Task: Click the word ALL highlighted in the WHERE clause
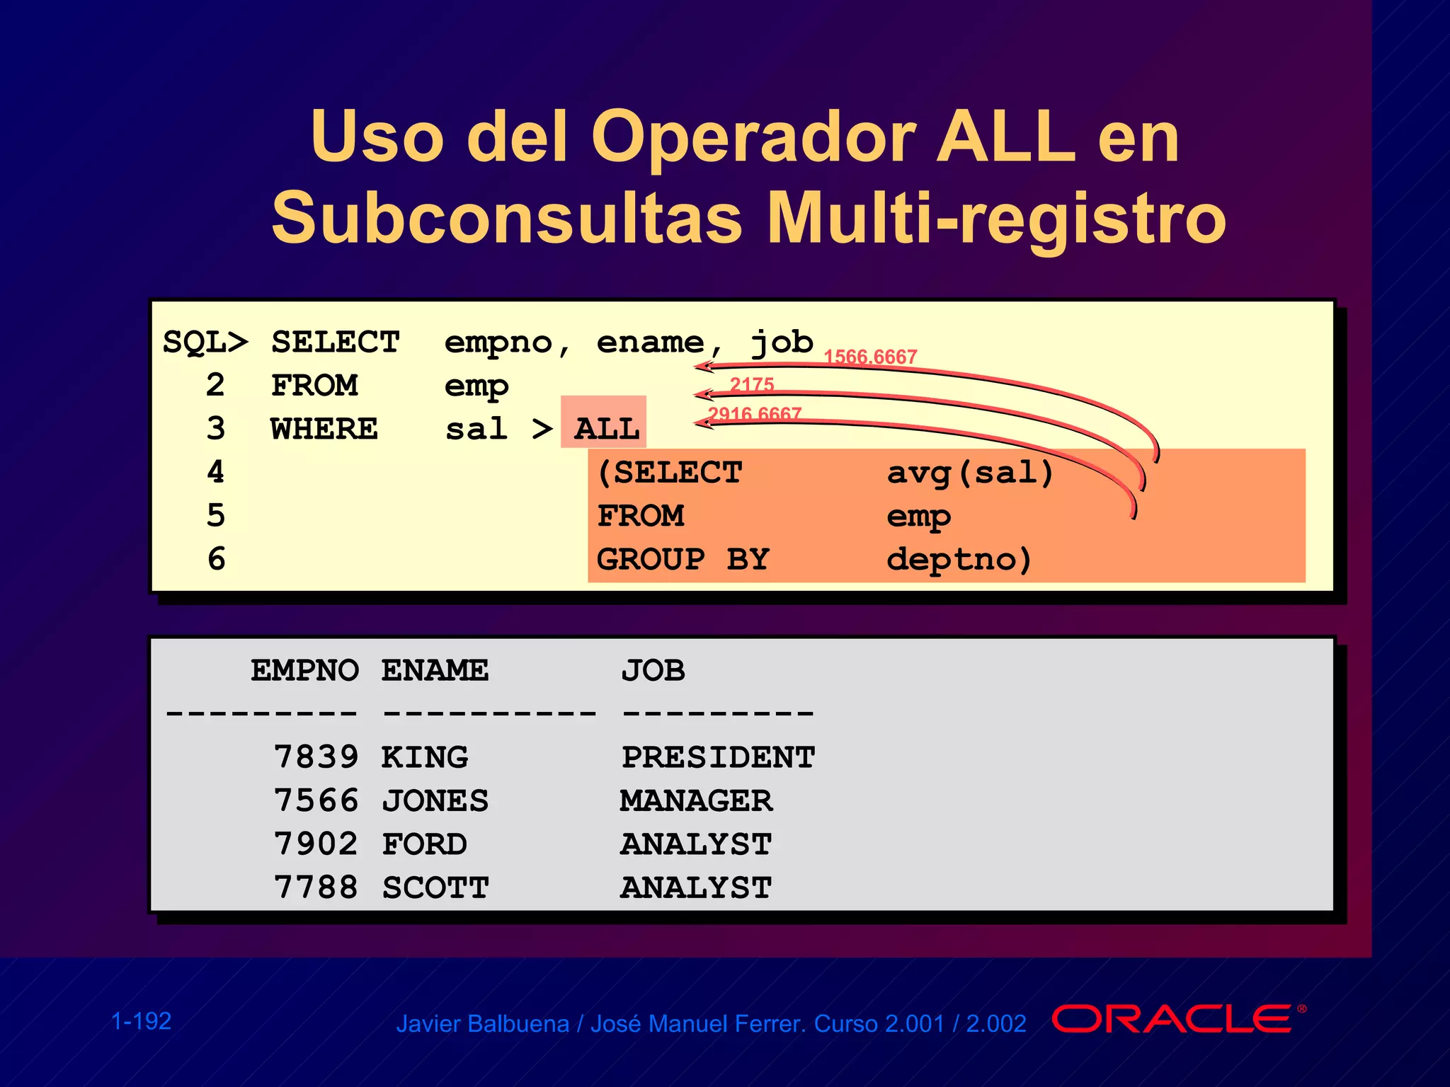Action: [606, 429]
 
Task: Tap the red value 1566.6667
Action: [870, 357]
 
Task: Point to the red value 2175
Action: [752, 384]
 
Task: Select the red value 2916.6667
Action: [755, 413]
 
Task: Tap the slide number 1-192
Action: [142, 1021]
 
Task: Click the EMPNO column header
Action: [304, 670]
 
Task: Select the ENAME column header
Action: [435, 670]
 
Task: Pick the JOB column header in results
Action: [653, 670]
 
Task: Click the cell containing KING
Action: [424, 757]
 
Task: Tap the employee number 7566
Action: [316, 800]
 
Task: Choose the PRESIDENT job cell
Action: [718, 757]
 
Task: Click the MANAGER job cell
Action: [696, 800]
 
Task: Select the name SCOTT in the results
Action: [435, 887]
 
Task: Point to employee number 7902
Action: [316, 844]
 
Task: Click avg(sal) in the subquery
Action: [970, 473]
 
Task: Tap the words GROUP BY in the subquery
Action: [683, 559]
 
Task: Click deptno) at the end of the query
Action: [959, 559]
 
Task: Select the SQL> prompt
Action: [205, 343]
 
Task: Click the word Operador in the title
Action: [753, 136]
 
